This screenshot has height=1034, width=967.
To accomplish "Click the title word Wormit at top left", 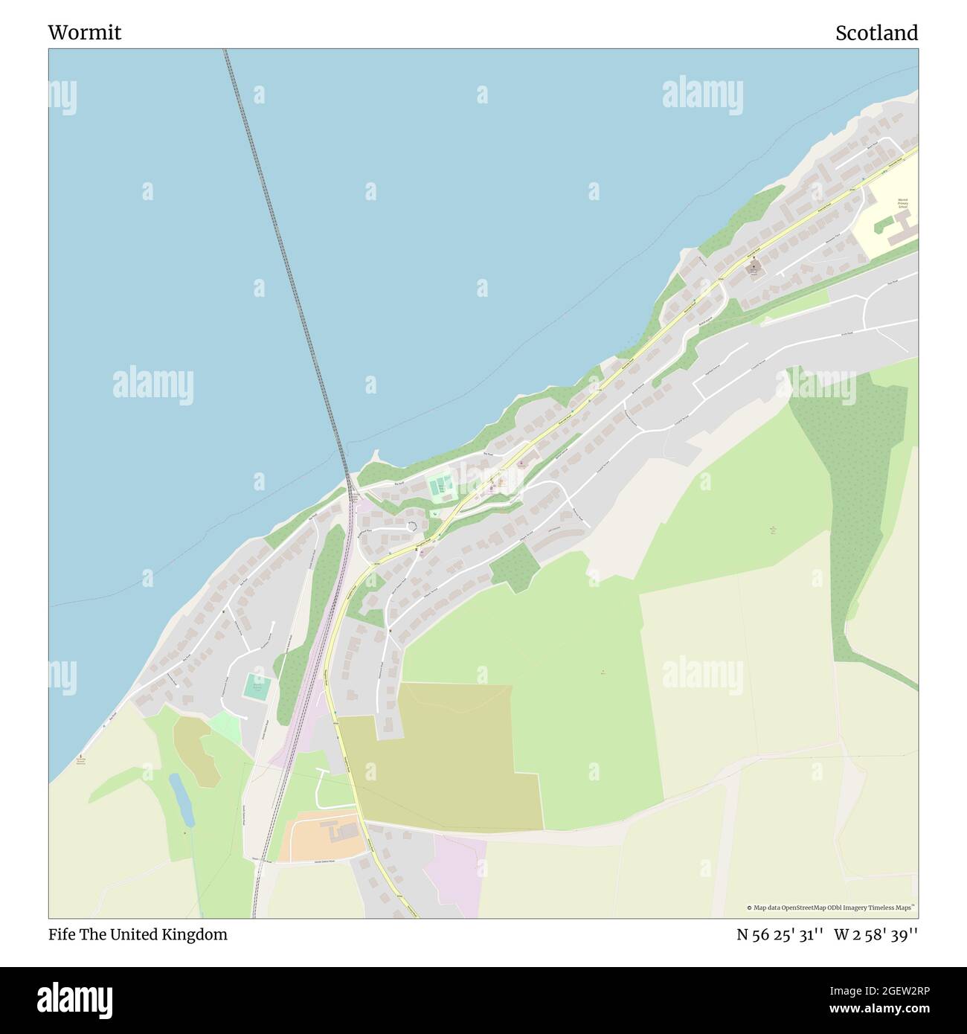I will pyautogui.click(x=84, y=33).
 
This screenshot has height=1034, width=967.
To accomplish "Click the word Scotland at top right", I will pyautogui.click(x=876, y=33).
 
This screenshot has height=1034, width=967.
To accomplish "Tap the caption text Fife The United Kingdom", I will pyautogui.click(x=138, y=934).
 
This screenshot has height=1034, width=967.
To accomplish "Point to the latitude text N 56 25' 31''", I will pyautogui.click(x=779, y=934).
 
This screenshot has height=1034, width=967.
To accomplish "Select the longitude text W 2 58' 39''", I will pyautogui.click(x=876, y=934).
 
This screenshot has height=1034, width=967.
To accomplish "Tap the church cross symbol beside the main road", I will pyautogui.click(x=753, y=266).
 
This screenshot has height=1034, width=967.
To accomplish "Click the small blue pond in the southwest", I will pyautogui.click(x=181, y=800).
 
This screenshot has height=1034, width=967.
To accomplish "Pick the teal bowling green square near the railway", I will pyautogui.click(x=257, y=686).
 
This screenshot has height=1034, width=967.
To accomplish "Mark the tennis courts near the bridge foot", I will pyautogui.click(x=441, y=487).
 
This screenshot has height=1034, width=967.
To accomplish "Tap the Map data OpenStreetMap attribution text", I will pyautogui.click(x=830, y=908).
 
